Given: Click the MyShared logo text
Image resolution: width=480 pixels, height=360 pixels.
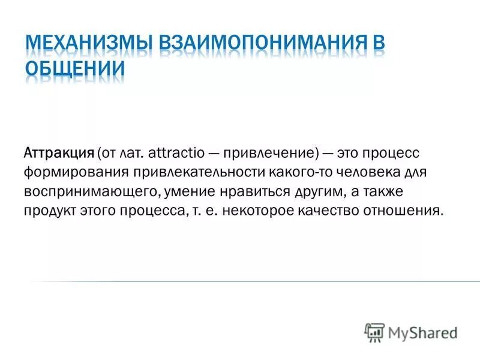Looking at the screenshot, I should pyautogui.click(x=423, y=332).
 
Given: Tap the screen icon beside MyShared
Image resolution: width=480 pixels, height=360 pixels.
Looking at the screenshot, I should pyautogui.click(x=374, y=332).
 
